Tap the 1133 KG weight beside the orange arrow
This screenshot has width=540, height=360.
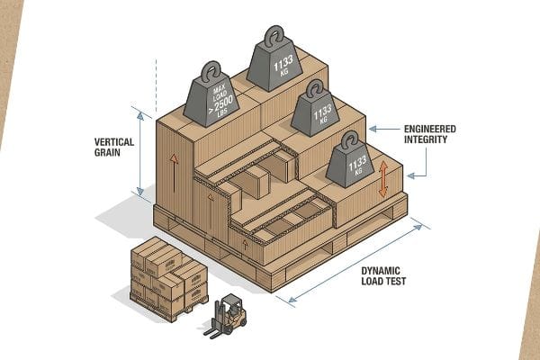point(350,163)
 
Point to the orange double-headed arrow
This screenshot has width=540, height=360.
point(383,179)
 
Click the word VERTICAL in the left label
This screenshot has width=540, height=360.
point(114,142)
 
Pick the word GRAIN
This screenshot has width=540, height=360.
point(107,153)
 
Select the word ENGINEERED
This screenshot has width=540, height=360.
point(430,130)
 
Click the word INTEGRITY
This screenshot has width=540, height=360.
point(426,139)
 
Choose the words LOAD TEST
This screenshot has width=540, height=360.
point(383,281)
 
